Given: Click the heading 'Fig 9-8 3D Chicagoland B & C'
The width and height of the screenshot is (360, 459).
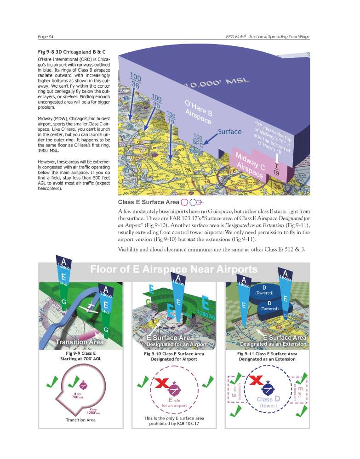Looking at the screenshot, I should [x=70, y=51].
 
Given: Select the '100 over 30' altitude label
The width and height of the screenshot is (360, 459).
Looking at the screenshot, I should [x=157, y=102].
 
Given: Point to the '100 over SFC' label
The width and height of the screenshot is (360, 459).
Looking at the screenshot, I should [x=198, y=141].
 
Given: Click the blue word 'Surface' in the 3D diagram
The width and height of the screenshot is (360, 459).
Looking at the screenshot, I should [x=229, y=132].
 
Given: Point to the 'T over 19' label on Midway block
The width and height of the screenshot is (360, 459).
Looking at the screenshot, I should [x=276, y=169].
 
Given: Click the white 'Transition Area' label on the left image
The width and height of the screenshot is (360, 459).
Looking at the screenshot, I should [x=79, y=342].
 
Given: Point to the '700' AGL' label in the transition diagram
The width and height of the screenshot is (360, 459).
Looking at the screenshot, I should [x=78, y=397].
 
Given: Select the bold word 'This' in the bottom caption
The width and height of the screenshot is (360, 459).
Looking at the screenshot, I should [x=148, y=418].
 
